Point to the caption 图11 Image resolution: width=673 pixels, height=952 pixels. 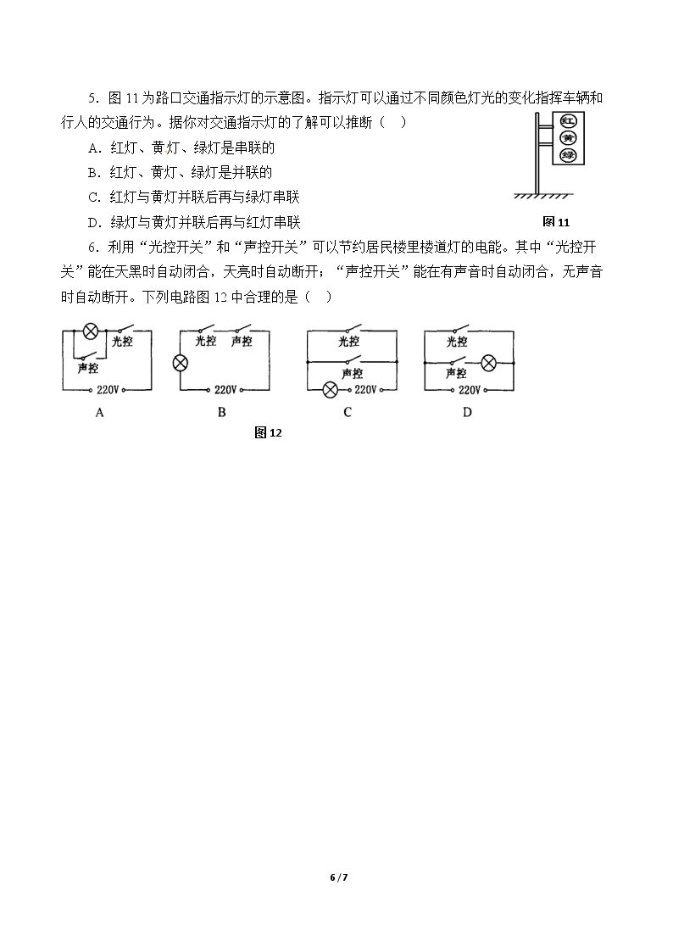click(x=556, y=221)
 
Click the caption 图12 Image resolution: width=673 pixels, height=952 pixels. click(x=268, y=432)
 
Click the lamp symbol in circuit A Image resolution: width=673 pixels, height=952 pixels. click(x=91, y=331)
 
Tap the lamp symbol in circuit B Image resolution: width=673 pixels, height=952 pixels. click(x=181, y=363)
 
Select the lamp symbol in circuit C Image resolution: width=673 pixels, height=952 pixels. click(x=330, y=390)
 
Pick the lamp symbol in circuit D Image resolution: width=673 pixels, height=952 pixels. click(x=488, y=363)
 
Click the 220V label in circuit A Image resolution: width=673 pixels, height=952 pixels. click(x=108, y=389)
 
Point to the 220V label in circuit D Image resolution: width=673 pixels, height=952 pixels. click(x=469, y=389)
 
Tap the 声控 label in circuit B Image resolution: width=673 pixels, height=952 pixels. click(x=241, y=342)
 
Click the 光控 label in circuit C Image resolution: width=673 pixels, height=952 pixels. click(x=348, y=342)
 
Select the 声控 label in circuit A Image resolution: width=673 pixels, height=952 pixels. click(x=88, y=368)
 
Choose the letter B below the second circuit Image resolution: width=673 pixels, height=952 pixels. click(x=221, y=412)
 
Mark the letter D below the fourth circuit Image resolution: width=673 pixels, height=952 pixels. click(x=467, y=412)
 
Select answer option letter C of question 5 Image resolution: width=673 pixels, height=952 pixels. click(x=93, y=198)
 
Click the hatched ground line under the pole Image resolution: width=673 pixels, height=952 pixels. click(x=542, y=196)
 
